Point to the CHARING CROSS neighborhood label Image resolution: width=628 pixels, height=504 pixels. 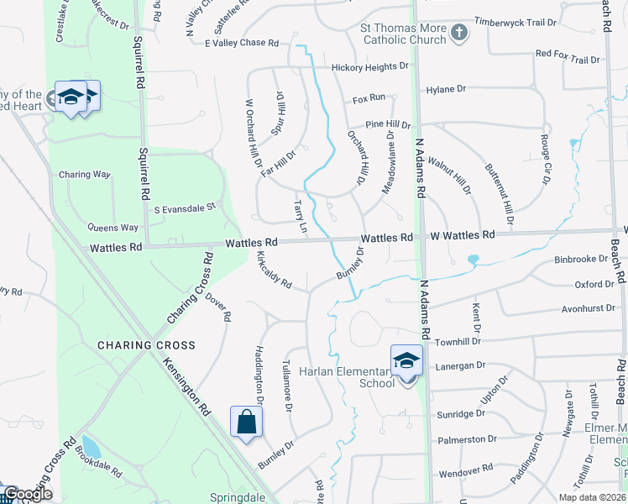point(146,345)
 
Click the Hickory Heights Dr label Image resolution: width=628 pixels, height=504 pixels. point(369,66)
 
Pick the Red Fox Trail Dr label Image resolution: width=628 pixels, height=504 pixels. point(568,58)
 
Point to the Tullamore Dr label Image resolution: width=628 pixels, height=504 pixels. point(287,385)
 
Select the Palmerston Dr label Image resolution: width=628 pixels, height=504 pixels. point(462,439)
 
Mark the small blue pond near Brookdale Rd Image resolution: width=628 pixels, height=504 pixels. point(90,445)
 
